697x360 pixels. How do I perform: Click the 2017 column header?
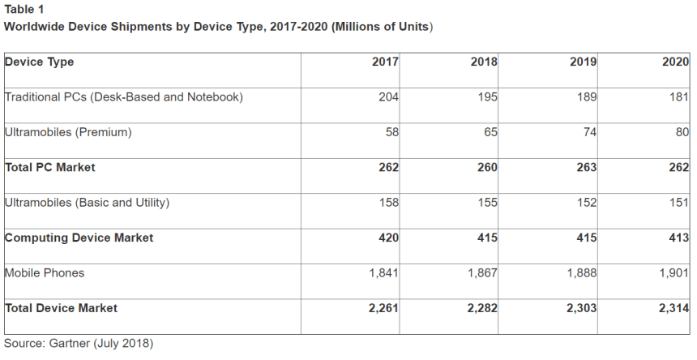pyautogui.click(x=385, y=62)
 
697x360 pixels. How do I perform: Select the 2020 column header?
pyautogui.click(x=675, y=62)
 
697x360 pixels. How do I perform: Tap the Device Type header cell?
pyautogui.click(x=40, y=62)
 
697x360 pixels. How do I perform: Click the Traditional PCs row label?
pyautogui.click(x=124, y=97)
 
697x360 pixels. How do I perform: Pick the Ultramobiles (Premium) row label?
pyautogui.click(x=68, y=132)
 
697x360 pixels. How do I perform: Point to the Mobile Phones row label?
pyautogui.click(x=45, y=273)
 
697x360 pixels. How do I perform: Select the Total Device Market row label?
pyautogui.click(x=62, y=308)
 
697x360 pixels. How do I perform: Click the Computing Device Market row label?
pyautogui.click(x=79, y=238)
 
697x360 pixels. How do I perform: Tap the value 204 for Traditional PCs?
pyautogui.click(x=388, y=97)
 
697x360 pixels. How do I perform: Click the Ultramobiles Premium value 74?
pyautogui.click(x=588, y=132)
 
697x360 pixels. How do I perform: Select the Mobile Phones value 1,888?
pyautogui.click(x=579, y=273)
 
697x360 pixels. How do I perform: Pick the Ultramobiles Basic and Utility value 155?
pyautogui.click(x=487, y=203)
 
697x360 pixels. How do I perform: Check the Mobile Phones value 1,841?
pyautogui.click(x=383, y=273)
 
